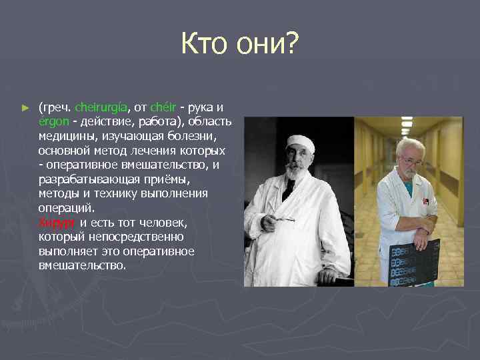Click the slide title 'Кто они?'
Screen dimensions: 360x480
[240, 46]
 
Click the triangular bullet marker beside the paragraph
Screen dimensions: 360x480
[26, 107]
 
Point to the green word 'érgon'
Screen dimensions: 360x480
[53, 121]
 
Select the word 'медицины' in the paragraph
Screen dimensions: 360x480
[65, 136]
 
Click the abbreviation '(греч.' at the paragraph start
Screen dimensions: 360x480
[55, 107]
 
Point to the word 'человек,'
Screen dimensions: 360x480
[163, 223]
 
